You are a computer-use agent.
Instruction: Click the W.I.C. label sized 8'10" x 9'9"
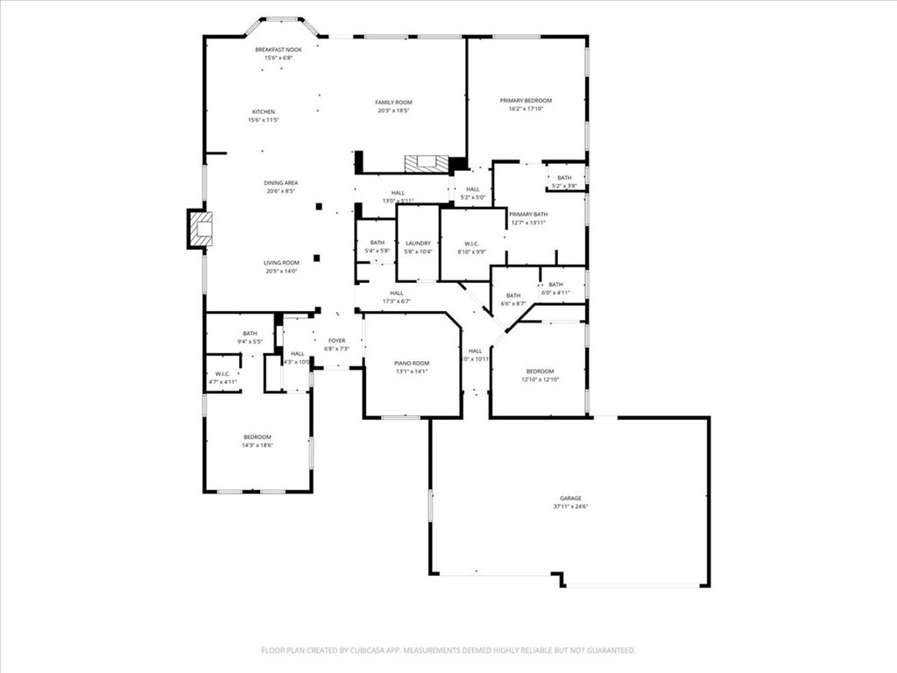[471, 247]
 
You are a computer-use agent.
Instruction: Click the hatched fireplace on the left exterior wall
[201, 230]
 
